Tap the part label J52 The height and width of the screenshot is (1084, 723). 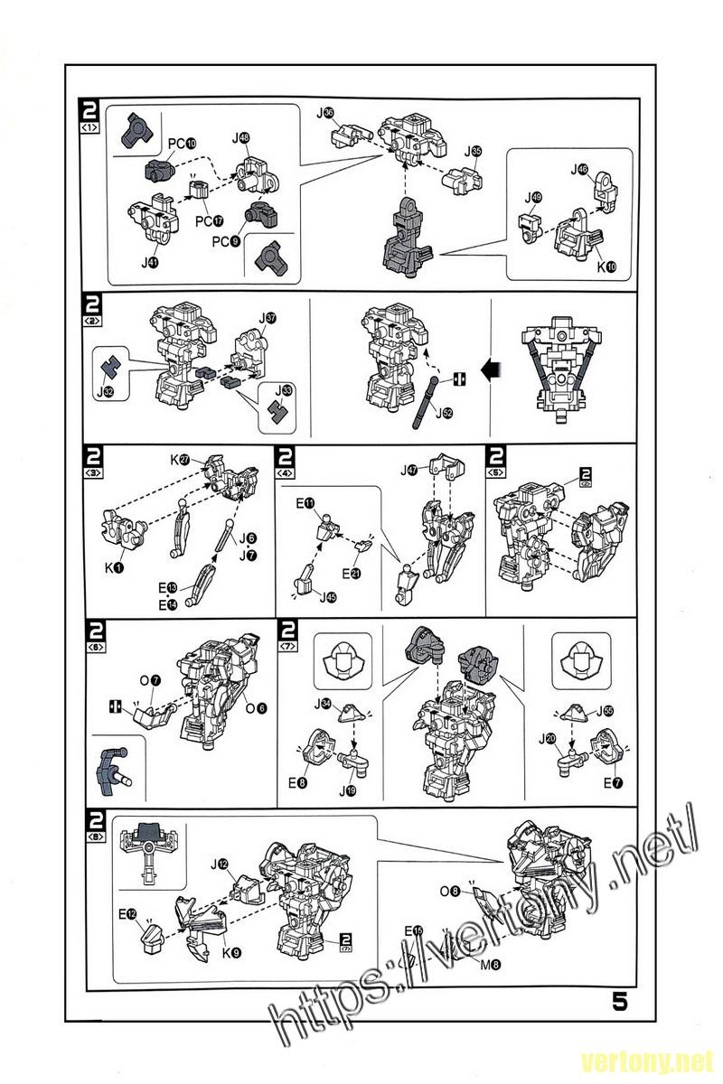(443, 414)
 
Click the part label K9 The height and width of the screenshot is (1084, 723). (232, 952)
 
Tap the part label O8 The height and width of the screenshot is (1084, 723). (450, 892)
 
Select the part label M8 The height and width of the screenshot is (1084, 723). (491, 964)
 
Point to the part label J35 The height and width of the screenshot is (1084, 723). (474, 151)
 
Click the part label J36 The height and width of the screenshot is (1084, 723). (326, 113)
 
